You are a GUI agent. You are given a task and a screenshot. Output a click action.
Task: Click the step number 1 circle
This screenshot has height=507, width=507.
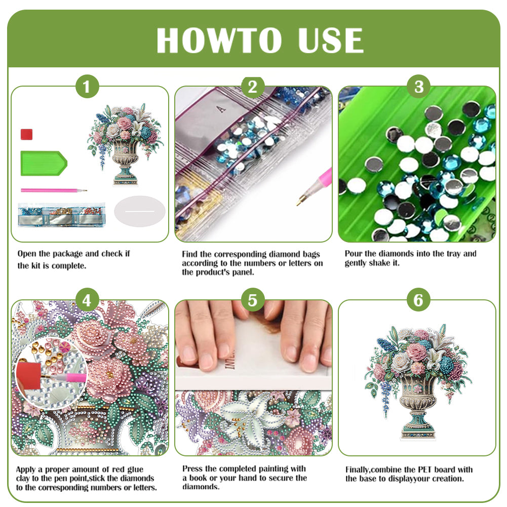point(87,87)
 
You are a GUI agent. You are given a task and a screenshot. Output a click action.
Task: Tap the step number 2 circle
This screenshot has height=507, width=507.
point(253,87)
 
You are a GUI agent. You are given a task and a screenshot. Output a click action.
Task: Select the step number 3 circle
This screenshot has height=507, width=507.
point(418,87)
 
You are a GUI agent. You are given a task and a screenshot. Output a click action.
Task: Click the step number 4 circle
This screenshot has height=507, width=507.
point(87,300)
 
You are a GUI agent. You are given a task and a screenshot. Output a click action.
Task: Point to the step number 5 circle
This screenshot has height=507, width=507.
point(253,300)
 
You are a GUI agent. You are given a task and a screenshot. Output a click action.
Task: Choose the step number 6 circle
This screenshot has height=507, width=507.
point(418,300)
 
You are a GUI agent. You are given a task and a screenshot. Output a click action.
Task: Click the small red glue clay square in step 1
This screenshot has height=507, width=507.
point(26,134)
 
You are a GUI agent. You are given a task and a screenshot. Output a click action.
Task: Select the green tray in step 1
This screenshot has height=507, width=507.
point(43,163)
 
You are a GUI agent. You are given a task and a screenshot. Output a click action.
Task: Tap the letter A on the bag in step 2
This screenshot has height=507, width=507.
point(220,108)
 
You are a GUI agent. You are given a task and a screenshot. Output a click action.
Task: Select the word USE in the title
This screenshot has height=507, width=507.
point(330,40)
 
